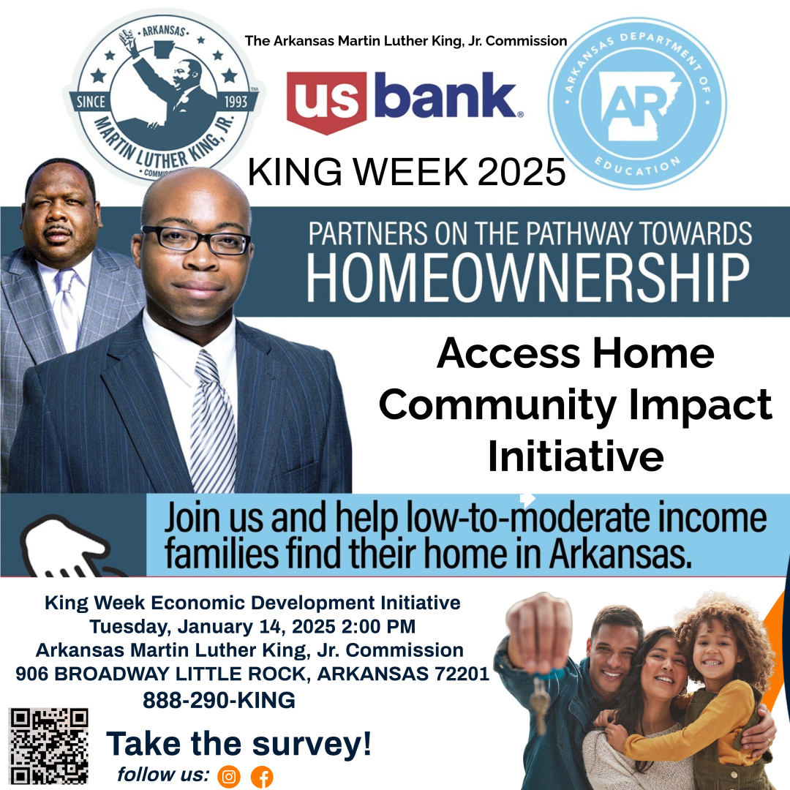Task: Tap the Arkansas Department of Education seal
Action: click(637, 104)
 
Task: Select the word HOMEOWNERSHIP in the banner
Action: click(528, 277)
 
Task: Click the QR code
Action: click(49, 746)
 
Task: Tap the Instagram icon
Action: click(229, 776)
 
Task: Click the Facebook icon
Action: click(262, 777)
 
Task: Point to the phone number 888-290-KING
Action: click(219, 700)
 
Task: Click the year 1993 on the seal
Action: click(236, 102)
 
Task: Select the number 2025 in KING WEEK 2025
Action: click(522, 173)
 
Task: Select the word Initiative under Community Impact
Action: click(576, 456)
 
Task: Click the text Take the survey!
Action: click(238, 744)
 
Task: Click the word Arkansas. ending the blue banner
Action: click(621, 554)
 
